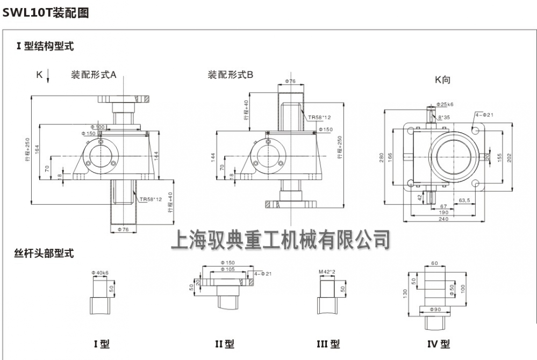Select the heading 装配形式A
[94, 75]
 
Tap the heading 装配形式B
[231, 75]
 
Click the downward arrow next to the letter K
[48, 76]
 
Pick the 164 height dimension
[37, 148]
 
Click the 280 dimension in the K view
[382, 157]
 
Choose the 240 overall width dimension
[443, 219]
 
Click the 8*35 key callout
[445, 117]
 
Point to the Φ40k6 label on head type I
[101, 273]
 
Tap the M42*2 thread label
[327, 272]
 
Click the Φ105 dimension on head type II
[228, 269]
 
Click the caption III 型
[328, 343]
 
